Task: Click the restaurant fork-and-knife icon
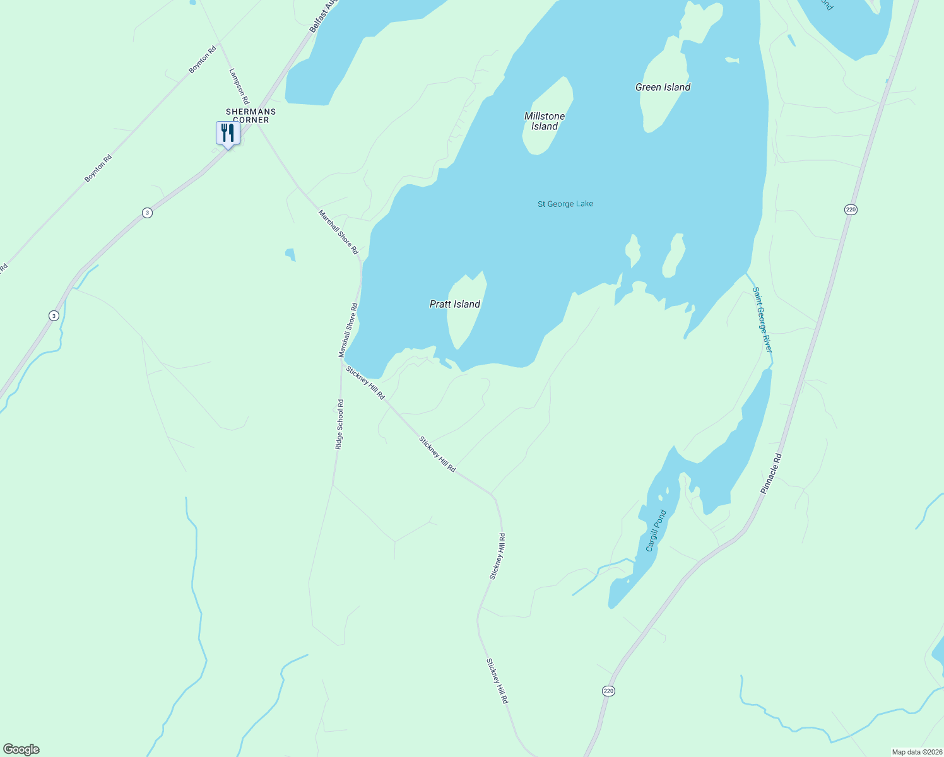click(x=228, y=132)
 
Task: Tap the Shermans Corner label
click(x=251, y=115)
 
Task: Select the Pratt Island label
click(x=455, y=304)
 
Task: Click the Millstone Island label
click(x=545, y=121)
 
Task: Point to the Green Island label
click(x=663, y=87)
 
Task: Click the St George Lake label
click(x=565, y=204)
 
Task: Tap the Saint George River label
click(x=762, y=320)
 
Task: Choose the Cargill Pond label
click(x=656, y=531)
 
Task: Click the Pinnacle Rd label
click(x=771, y=473)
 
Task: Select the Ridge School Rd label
click(x=339, y=425)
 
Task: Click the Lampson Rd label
click(x=239, y=86)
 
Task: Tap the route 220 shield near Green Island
click(x=851, y=209)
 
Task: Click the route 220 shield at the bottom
click(x=608, y=691)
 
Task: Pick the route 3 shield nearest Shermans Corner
click(x=147, y=213)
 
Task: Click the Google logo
click(x=21, y=749)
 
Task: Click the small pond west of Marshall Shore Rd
click(x=290, y=254)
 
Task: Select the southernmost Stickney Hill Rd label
click(x=497, y=681)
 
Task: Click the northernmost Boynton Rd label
click(x=203, y=59)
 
